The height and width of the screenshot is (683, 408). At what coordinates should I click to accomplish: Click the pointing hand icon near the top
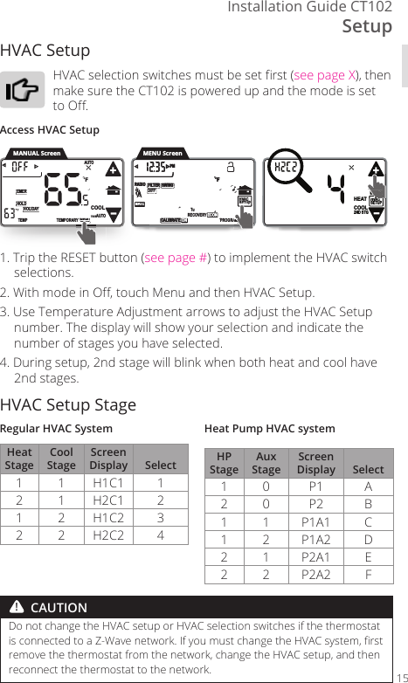pyautogui.click(x=23, y=90)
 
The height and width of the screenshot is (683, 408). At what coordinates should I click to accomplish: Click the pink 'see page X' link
pyautogui.click(x=327, y=74)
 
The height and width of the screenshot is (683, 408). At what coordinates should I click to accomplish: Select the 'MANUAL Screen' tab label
pyautogui.click(x=37, y=154)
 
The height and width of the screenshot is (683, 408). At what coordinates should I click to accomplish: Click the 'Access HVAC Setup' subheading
pyautogui.click(x=50, y=130)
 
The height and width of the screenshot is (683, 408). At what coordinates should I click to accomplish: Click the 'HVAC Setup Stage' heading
pyautogui.click(x=68, y=404)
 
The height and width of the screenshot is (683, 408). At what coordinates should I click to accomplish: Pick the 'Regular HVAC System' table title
pyautogui.click(x=57, y=429)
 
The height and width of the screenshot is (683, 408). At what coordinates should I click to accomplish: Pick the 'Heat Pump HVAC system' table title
pyautogui.click(x=269, y=429)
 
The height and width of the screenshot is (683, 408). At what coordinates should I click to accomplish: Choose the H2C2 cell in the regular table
pyautogui.click(x=108, y=534)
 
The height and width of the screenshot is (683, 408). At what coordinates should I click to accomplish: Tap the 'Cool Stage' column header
pyautogui.click(x=61, y=459)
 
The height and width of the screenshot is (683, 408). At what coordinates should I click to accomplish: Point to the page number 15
pyautogui.click(x=400, y=677)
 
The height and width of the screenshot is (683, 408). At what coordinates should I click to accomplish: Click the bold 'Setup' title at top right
pyautogui.click(x=367, y=26)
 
